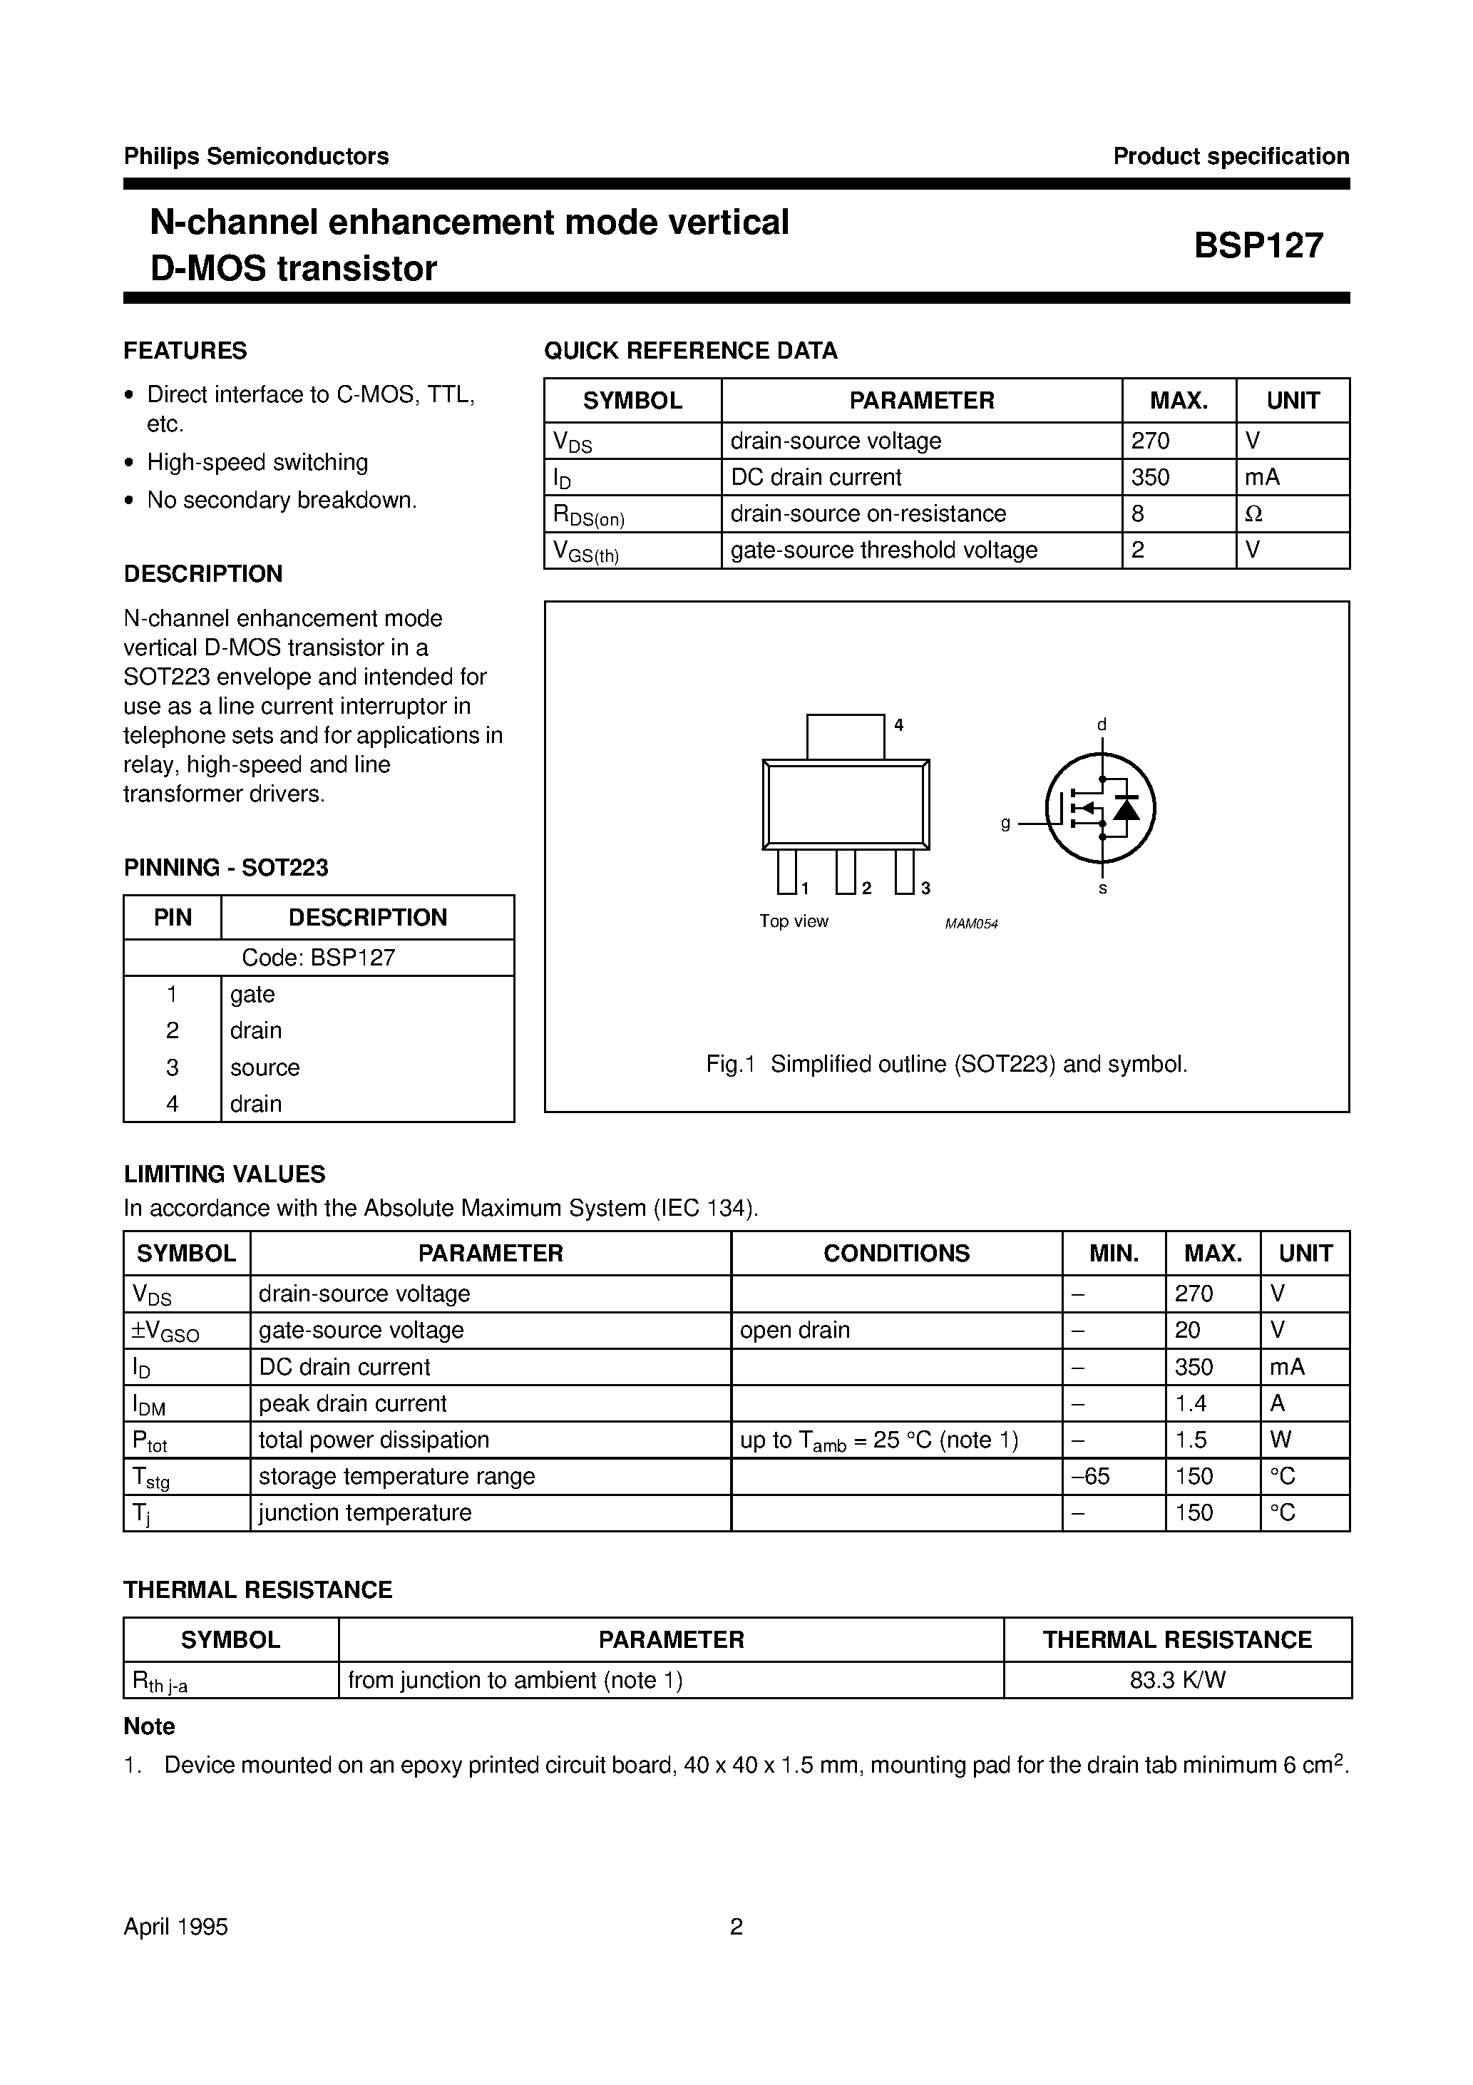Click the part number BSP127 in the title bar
click(1258, 246)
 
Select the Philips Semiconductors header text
click(256, 156)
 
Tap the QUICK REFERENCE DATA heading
click(690, 351)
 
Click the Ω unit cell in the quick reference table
click(1253, 514)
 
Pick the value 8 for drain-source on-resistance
click(1138, 514)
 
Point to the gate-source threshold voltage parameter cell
click(883, 550)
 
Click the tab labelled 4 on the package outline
click(846, 736)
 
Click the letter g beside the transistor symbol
click(1005, 824)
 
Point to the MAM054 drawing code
click(971, 924)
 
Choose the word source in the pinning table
click(265, 1067)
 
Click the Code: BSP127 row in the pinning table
click(319, 957)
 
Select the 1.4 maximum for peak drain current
click(1191, 1403)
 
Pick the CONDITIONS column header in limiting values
click(895, 1253)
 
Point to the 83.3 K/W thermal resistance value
click(1177, 1680)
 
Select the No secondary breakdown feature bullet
click(282, 501)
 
